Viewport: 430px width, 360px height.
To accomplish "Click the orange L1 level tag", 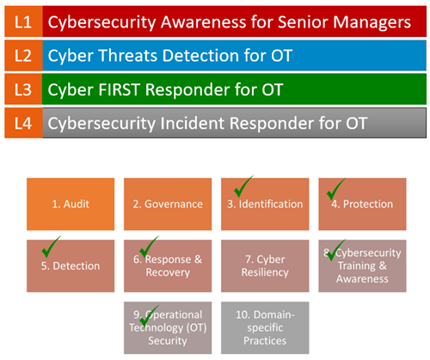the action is pos(23,21).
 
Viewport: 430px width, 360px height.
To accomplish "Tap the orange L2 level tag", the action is pos(23,55).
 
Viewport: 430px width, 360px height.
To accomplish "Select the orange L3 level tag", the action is pos(23,89).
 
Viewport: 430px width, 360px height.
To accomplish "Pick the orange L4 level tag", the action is pos(23,123).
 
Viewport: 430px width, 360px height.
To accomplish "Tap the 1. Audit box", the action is pos(71,204).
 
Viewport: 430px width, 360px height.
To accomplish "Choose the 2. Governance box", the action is pos(168,204).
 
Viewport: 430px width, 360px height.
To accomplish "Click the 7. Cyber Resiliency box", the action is pos(265,265).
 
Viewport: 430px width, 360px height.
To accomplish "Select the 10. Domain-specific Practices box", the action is pos(265,327).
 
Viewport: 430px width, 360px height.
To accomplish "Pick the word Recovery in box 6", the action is pos(168,272).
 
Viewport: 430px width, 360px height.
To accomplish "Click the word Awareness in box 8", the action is pos(362,278).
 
